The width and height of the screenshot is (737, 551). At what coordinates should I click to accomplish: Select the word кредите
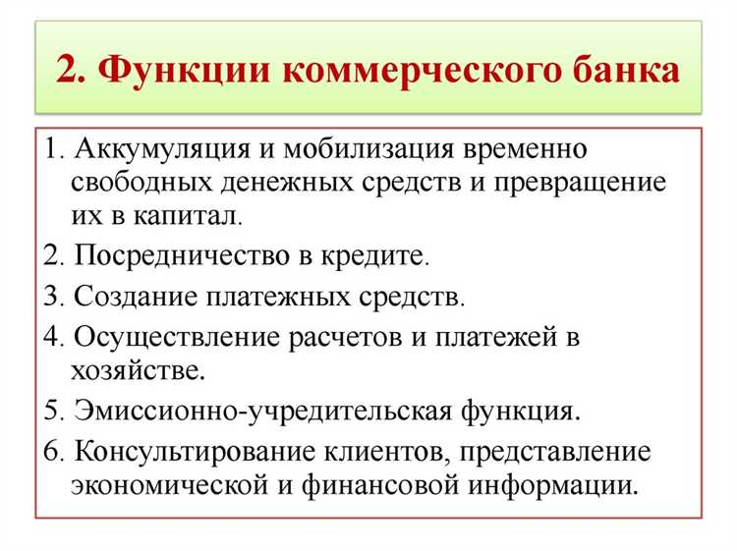click(377, 257)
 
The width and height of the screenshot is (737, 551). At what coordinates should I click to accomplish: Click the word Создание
click(133, 298)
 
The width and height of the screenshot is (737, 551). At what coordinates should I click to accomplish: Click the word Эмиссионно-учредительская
click(257, 411)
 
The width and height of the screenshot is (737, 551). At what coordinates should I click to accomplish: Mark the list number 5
click(50, 411)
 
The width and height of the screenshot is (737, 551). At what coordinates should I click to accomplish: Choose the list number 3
click(50, 298)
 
